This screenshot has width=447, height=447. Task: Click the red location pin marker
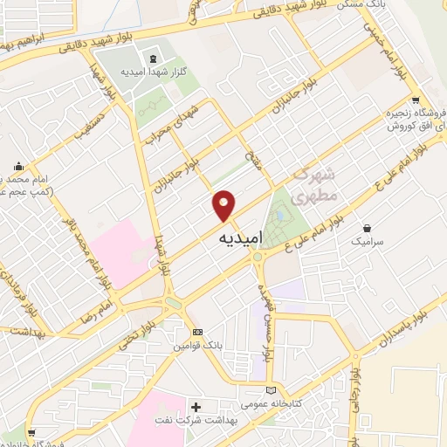224,206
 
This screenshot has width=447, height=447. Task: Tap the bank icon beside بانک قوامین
197,332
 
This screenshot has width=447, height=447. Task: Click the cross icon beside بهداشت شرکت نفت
196,407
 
